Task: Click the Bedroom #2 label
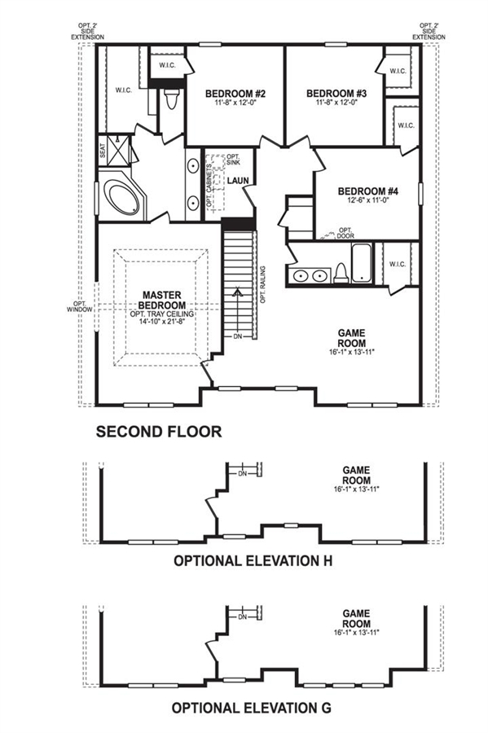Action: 235,94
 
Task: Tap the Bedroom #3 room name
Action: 336,94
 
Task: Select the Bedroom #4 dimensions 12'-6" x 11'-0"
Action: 368,200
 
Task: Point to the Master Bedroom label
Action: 162,300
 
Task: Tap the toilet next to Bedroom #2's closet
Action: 172,99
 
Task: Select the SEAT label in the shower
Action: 103,150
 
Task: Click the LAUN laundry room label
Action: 238,181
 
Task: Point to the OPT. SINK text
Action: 233,160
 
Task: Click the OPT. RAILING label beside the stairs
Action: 263,285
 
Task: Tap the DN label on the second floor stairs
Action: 237,336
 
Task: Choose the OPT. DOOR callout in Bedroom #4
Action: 345,233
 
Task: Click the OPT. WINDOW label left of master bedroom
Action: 80,306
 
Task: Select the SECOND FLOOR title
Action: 159,432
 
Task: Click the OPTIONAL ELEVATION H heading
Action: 253,560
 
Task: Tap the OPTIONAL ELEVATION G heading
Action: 252,708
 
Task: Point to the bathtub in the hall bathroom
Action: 362,263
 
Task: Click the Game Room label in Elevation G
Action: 356,618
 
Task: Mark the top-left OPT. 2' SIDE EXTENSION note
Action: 87,31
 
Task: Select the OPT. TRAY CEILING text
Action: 162,314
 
